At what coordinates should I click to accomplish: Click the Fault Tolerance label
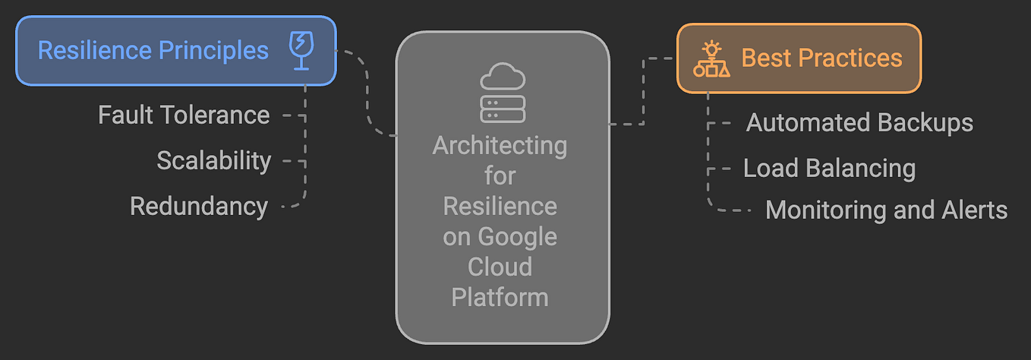(184, 115)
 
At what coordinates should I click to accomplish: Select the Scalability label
(213, 161)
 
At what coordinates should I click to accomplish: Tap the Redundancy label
(199, 206)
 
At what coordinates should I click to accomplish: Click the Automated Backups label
(859, 122)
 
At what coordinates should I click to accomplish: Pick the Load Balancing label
(829, 168)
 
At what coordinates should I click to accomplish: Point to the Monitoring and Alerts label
(886, 210)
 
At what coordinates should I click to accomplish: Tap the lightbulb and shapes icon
(711, 59)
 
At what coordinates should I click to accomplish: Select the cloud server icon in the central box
(503, 93)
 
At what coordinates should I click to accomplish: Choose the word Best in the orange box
(766, 58)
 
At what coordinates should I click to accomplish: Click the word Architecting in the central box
(500, 145)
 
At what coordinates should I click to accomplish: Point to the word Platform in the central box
(500, 297)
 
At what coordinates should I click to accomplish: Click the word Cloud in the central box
(500, 267)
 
